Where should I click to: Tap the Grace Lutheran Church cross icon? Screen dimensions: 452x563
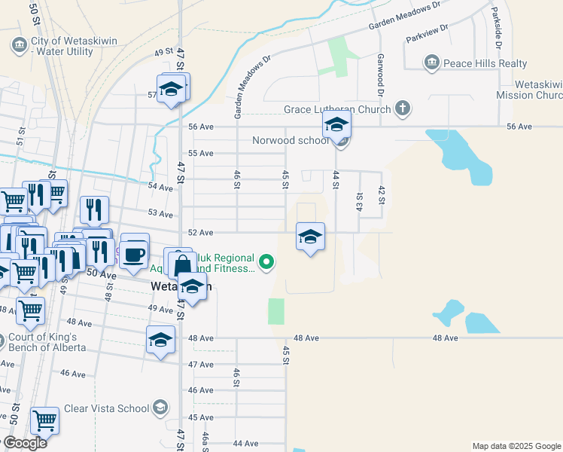coord(403,108)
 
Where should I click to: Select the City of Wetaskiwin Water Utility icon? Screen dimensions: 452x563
coord(19,45)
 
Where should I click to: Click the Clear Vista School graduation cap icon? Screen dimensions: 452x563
coord(160,408)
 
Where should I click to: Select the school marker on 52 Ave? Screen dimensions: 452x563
coord(310,237)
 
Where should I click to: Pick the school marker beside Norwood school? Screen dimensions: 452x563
coord(337,124)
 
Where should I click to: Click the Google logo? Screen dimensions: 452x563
coord(24,443)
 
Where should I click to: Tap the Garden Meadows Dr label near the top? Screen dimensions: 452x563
coord(403,17)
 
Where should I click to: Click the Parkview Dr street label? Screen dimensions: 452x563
coord(426,32)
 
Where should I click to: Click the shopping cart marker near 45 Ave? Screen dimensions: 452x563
coord(45,421)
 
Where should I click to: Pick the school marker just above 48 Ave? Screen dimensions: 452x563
coord(161,340)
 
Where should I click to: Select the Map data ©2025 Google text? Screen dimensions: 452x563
coord(516,446)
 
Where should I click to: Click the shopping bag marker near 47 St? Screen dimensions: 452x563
coord(181,264)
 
